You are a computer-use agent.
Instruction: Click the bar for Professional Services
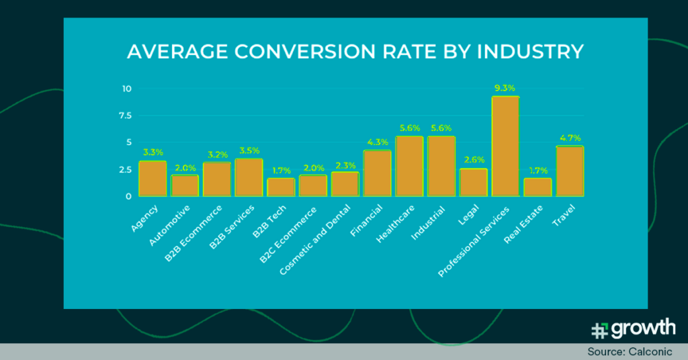505,146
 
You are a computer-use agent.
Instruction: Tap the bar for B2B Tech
281,187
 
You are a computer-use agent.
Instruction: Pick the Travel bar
569,171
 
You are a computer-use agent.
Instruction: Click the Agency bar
153,179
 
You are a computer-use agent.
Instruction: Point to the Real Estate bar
537,187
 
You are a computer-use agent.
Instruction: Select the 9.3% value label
505,88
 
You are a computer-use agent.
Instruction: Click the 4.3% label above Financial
377,142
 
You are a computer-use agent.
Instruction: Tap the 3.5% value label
249,150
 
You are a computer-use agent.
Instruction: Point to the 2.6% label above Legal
473,160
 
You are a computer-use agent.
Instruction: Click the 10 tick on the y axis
126,89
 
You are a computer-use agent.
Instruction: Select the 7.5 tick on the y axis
125,116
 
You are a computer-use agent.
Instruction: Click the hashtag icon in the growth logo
599,330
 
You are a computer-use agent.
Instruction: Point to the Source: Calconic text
634,352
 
